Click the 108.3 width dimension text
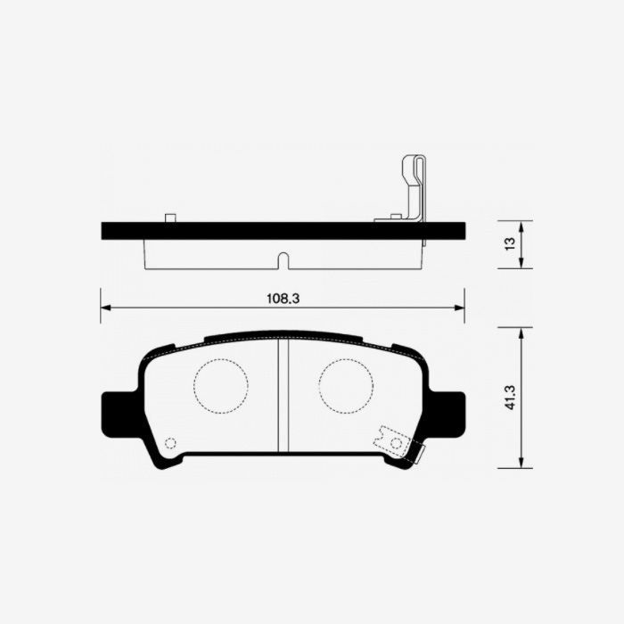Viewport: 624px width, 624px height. click(282, 298)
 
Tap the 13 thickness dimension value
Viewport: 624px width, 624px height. click(509, 244)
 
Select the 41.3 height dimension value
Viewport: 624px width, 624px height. click(509, 398)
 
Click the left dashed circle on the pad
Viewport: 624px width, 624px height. click(220, 386)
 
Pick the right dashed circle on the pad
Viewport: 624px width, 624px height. click(346, 386)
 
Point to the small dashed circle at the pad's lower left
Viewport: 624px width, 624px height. click(171, 443)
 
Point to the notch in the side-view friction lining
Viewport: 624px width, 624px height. click(283, 260)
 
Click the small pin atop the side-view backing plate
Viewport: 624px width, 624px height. click(170, 217)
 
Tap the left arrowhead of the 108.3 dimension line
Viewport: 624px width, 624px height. click(104, 308)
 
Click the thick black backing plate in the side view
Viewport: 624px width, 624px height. click(267, 230)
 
